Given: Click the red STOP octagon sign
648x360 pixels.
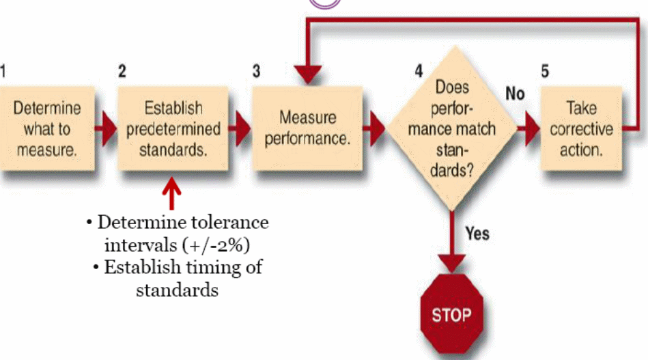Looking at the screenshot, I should (451, 315).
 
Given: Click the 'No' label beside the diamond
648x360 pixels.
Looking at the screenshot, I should (515, 92).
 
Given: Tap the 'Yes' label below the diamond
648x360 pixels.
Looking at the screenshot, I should (477, 234).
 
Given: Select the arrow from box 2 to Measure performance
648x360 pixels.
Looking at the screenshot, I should (240, 130).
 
